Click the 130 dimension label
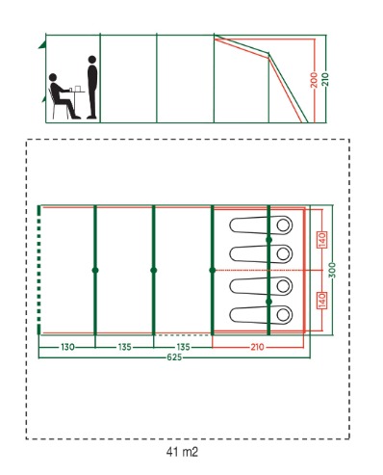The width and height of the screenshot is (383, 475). [x=67, y=347]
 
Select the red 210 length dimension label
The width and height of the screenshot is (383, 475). [x=257, y=347]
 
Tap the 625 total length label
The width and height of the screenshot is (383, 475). [x=174, y=357]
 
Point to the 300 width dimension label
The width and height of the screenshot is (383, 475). [x=333, y=270]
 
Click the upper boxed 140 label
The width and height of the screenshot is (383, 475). [x=322, y=240]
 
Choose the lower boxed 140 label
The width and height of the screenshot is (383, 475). [x=322, y=301]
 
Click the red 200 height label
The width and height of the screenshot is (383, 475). [x=314, y=80]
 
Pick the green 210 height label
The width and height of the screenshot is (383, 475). [x=326, y=79]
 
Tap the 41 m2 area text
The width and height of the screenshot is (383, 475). [x=182, y=452]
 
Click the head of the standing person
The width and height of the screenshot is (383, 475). [x=92, y=60]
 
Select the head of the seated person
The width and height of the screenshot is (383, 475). [x=53, y=77]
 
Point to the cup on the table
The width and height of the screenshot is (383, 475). [x=71, y=90]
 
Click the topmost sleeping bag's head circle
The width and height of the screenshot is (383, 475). [x=283, y=225]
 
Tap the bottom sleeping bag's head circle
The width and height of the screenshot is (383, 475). [x=283, y=315]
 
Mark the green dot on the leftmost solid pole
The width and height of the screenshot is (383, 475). [x=95, y=270]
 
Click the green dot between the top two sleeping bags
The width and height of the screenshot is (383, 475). [x=268, y=240]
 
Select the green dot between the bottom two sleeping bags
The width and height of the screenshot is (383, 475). [x=268, y=302]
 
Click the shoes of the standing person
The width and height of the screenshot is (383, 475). [x=91, y=118]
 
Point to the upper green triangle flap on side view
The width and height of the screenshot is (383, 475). [x=42, y=44]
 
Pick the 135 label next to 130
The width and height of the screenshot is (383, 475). [x=124, y=347]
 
